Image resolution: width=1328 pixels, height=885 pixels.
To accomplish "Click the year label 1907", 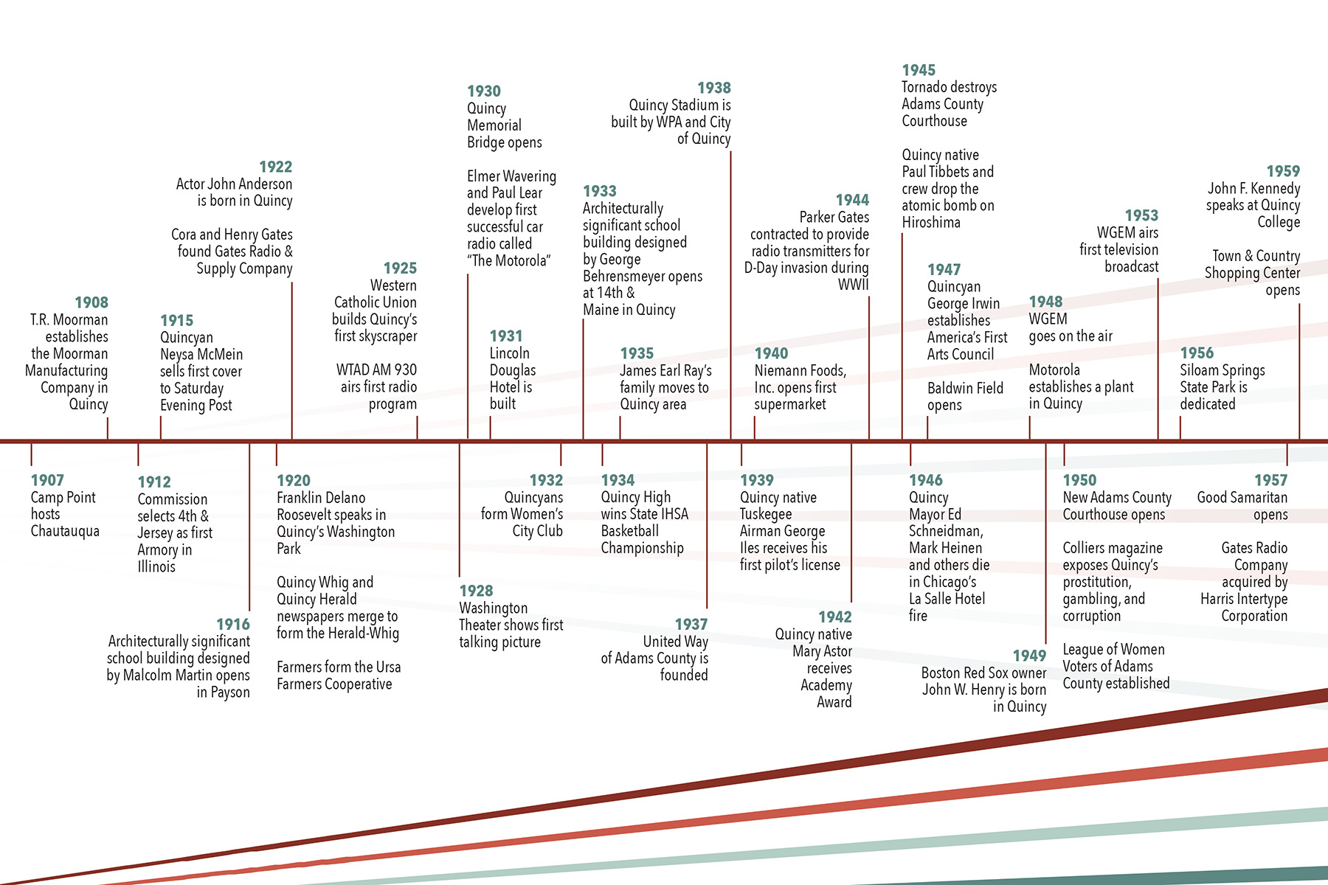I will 47,480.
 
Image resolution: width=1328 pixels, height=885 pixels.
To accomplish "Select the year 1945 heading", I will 919,70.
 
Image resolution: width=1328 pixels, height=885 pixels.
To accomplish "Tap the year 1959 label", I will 1283,171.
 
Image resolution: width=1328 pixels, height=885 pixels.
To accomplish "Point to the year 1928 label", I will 476,591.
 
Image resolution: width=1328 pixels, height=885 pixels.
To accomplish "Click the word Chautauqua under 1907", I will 65,531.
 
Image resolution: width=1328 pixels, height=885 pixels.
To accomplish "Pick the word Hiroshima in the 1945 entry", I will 931,223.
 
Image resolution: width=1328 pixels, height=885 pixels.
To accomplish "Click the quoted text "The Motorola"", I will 509,261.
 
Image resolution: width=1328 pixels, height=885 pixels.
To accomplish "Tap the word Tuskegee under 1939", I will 766,514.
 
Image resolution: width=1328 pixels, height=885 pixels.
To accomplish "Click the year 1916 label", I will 233,624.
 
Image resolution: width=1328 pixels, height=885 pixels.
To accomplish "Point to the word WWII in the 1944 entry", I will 853,285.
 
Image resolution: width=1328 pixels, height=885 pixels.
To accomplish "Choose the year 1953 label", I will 1141,215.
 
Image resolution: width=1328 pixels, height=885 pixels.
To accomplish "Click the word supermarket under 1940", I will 789,404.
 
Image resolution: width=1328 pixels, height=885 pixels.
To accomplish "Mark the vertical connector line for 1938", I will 730,295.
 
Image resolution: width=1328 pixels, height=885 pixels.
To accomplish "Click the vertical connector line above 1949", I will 1045,546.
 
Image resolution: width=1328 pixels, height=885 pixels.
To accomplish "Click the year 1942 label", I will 834,617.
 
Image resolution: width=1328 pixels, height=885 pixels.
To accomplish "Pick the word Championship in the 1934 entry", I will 642,548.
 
